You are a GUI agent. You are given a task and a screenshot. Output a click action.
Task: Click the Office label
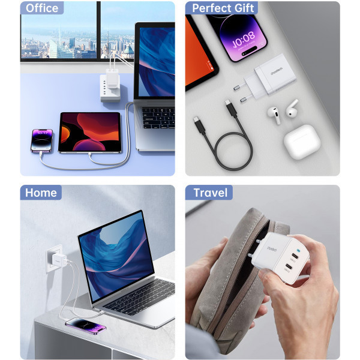(x=42, y=8)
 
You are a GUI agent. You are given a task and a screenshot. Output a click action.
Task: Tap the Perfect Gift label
(x=223, y=8)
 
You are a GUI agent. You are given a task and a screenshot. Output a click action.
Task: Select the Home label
(x=41, y=193)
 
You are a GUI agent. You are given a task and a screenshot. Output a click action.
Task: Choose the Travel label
(x=210, y=193)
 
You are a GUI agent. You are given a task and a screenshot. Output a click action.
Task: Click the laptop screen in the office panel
(x=156, y=60)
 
